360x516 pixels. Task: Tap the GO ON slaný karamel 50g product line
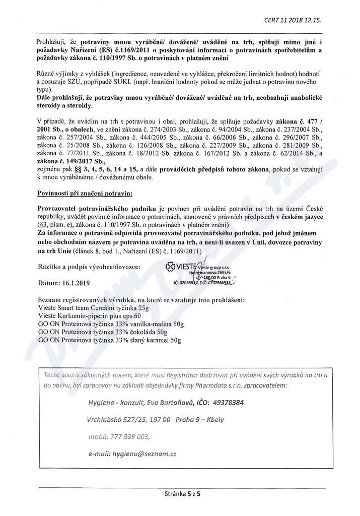tap(109, 341)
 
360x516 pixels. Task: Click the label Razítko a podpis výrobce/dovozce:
tap(90, 266)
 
